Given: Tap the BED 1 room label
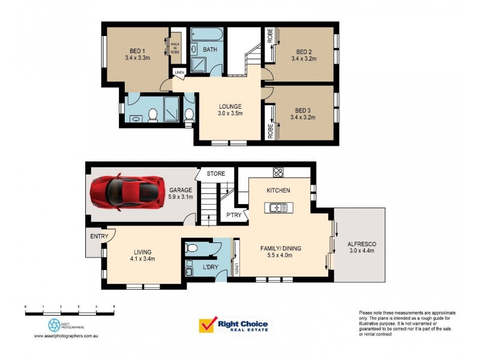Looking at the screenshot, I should tap(137, 55).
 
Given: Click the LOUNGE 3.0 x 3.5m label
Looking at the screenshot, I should tap(230, 109).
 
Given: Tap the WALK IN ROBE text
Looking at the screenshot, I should tap(175, 48).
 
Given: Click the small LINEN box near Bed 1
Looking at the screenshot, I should tap(179, 73).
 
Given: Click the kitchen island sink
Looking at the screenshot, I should tap(278, 208).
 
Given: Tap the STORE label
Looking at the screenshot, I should tap(216, 174).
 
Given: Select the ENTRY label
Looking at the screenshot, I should tap(99, 236).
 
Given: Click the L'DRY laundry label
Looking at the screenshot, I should tap(210, 266).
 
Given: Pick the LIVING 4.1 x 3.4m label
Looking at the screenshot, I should tap(143, 256).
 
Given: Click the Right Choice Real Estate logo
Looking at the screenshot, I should tap(233, 326).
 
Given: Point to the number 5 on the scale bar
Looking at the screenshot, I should tap(114, 307).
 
